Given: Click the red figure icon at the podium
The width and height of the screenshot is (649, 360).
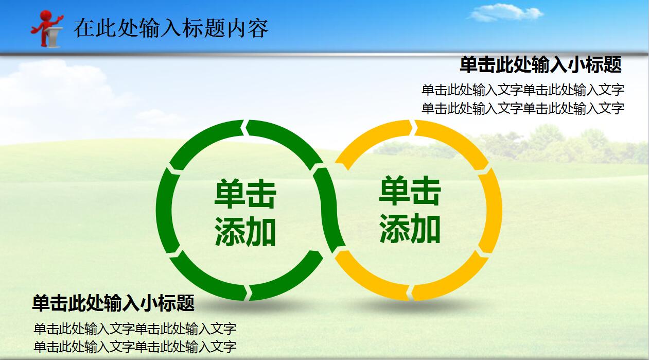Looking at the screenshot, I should click(x=47, y=28).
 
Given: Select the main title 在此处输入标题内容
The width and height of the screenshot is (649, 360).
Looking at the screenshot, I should click(x=171, y=28).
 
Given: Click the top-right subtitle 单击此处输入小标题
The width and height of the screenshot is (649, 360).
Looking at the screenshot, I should click(x=540, y=65).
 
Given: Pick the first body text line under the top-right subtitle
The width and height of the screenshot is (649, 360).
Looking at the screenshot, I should click(x=523, y=90).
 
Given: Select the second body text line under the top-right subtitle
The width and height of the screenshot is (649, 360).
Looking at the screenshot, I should click(x=523, y=109).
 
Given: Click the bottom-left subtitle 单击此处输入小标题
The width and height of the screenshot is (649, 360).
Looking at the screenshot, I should click(x=113, y=303).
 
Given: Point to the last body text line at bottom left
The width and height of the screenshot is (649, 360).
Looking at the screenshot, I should click(x=135, y=346).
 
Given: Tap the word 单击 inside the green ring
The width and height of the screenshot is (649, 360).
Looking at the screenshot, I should click(x=245, y=194).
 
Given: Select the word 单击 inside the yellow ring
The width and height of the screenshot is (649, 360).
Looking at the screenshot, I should click(x=410, y=191).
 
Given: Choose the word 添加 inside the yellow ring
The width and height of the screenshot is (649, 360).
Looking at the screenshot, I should click(x=410, y=229).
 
